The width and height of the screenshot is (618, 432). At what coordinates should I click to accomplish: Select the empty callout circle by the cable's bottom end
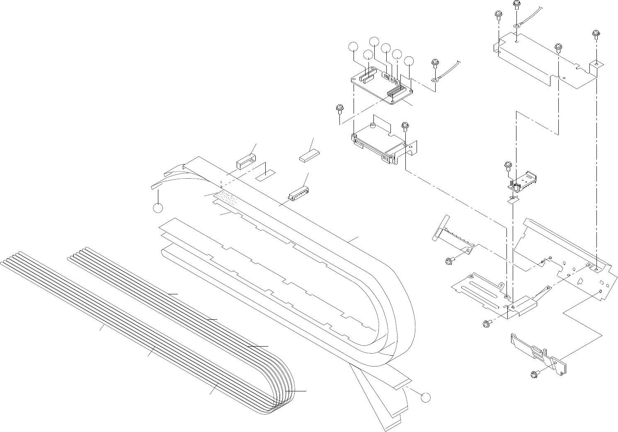(426, 397)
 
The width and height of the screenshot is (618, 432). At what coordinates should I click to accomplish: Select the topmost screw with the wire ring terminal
(516, 5)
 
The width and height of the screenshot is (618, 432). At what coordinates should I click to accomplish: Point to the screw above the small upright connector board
(506, 166)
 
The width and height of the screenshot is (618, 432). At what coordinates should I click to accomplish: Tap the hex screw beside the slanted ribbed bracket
(448, 261)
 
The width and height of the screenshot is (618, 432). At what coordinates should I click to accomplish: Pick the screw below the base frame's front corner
(487, 323)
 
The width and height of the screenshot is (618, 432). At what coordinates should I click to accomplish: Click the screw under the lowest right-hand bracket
(535, 375)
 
